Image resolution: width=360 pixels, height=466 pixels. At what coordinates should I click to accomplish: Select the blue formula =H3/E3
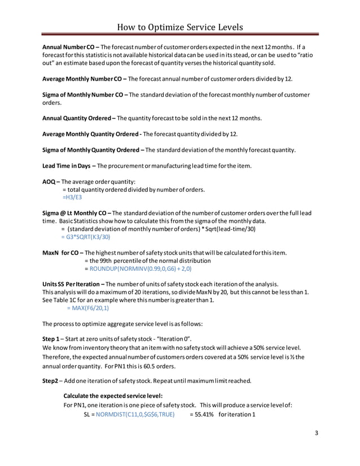[x=71, y=198]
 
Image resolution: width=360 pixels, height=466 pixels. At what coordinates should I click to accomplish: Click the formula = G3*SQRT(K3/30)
[x=86, y=238]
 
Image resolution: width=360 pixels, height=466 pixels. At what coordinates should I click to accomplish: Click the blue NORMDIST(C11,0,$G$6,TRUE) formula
[x=135, y=415]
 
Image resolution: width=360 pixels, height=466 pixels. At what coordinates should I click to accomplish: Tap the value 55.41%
[x=201, y=415]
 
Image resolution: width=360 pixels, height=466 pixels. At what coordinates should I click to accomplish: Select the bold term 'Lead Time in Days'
[x=67, y=166]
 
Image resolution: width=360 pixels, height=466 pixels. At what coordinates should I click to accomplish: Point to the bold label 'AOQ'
[x=49, y=182]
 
